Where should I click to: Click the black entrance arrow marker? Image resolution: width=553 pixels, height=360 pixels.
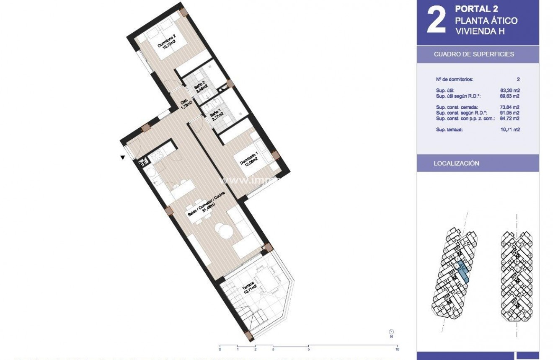click(x=122, y=158)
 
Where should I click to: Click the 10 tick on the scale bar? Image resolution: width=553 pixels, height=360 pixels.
click(x=397, y=349)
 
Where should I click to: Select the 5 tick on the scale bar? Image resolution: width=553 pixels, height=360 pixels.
click(x=308, y=349)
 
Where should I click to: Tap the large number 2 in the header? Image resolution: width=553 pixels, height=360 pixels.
click(x=436, y=20)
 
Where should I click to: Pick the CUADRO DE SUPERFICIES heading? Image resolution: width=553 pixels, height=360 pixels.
click(x=474, y=54)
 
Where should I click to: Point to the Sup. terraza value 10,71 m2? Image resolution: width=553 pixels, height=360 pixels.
click(x=510, y=130)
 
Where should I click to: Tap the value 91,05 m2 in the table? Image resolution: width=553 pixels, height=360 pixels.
click(x=510, y=113)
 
